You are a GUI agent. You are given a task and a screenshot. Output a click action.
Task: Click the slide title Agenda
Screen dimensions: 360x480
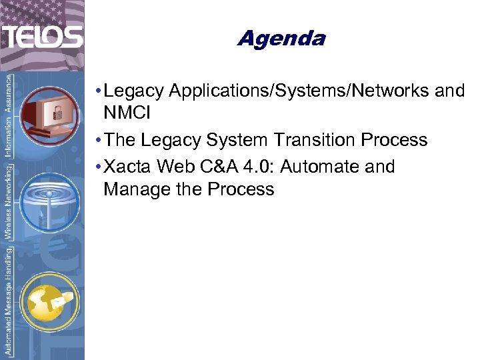[281, 38]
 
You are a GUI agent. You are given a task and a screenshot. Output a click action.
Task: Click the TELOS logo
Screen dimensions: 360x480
[42, 36]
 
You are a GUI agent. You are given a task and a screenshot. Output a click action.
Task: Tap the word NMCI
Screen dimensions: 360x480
[127, 113]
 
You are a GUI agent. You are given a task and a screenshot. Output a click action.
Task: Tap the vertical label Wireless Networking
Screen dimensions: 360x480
[9, 203]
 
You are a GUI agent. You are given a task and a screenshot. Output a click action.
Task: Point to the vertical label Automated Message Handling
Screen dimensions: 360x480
[9, 300]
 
